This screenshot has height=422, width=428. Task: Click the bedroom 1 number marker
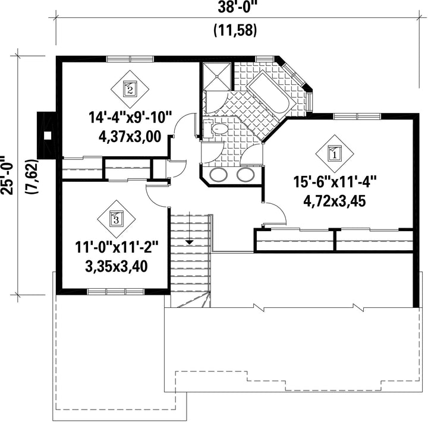coord(335,153)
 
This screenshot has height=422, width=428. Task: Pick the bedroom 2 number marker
coord(130,89)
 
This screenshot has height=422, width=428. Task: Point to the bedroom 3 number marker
coord(117,219)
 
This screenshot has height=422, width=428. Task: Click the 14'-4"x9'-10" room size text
coord(130,118)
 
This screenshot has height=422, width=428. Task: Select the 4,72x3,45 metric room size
coord(335,201)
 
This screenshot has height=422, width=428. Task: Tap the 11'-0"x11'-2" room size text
coord(117,248)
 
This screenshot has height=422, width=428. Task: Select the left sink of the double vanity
coord(219,174)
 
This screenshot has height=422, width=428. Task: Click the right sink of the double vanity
coord(246,174)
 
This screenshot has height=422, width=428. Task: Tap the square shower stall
coord(218,76)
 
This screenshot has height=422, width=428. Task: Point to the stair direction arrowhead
coord(190,242)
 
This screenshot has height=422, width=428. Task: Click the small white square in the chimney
coord(48,136)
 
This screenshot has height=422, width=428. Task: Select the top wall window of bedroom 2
coord(130,59)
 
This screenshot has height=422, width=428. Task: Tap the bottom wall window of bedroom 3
coord(116,292)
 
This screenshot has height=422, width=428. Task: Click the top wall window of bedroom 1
coord(357,116)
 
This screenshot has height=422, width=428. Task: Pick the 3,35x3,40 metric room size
coord(117,266)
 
